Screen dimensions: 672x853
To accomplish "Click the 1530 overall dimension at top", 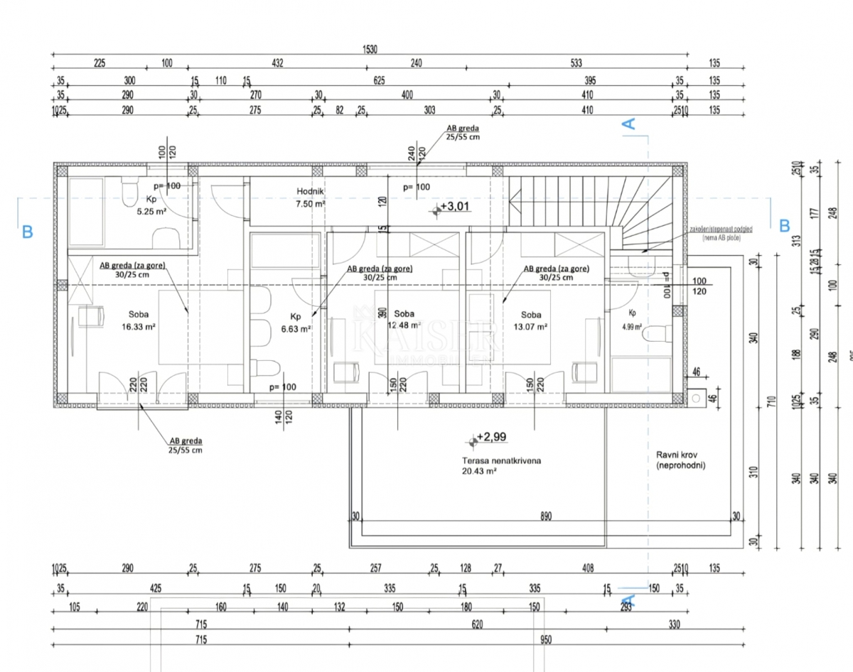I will coord(370,49).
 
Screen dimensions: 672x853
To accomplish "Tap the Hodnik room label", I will coord(311,190).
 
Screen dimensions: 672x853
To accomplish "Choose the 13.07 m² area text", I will coord(530,327).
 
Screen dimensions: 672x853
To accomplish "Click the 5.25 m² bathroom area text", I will coord(151,212).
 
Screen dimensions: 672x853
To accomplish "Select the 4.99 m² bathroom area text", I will coord(632,327).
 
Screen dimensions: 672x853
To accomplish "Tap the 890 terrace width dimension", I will coord(546,517).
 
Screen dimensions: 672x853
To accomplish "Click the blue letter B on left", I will coord(27,231).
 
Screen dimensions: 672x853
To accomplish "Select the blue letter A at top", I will coord(629,124).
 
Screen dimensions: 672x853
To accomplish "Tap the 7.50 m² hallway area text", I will coord(311,203).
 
